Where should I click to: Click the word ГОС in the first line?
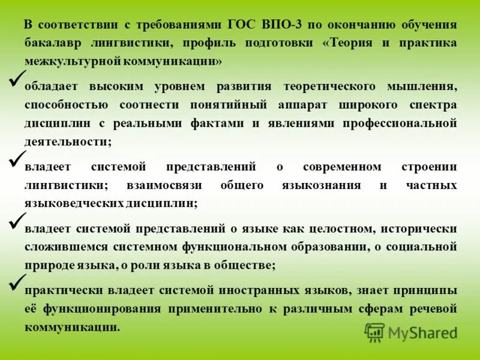243,25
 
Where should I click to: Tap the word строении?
429,166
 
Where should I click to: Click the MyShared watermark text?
422,332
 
